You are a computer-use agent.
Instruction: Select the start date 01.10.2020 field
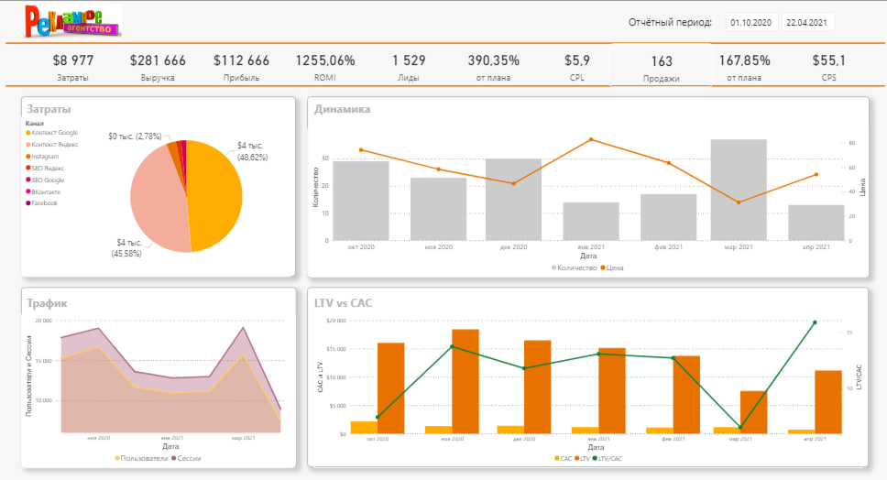click(x=750, y=22)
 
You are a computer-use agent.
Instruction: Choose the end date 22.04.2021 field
click(x=806, y=22)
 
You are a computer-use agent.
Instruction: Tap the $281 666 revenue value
click(x=158, y=60)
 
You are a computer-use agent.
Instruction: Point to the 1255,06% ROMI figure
click(x=324, y=60)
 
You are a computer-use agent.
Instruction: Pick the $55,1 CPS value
click(x=828, y=60)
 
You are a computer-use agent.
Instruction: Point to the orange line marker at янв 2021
click(x=591, y=139)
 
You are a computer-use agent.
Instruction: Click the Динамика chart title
click(x=342, y=110)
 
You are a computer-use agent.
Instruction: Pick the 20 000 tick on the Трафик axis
click(x=43, y=322)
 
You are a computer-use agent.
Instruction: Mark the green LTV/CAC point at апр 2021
click(x=815, y=322)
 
